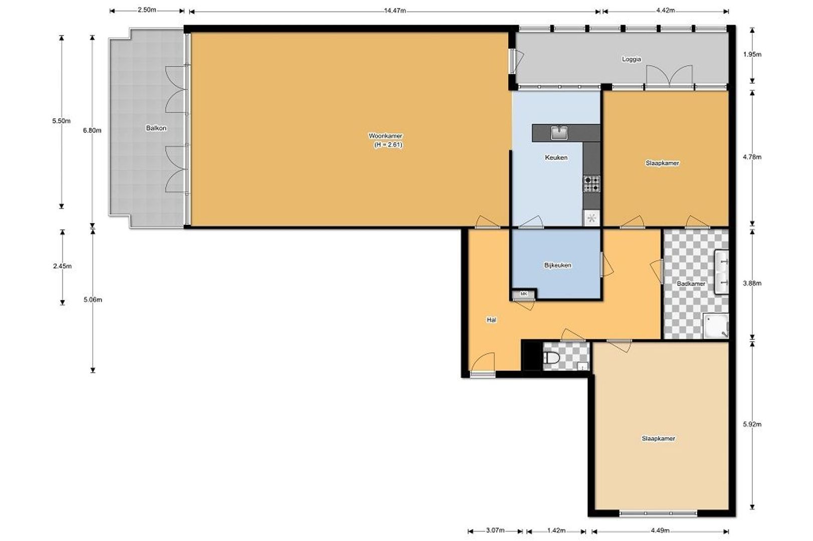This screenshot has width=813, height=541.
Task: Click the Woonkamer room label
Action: [x=385, y=136]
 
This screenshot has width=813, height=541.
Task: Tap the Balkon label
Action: [x=156, y=128]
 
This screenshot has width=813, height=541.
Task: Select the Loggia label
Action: [x=631, y=59]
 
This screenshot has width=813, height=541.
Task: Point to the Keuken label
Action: [x=556, y=157]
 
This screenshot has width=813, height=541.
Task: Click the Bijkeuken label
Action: [x=557, y=265]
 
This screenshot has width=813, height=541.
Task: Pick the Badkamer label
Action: [x=691, y=284]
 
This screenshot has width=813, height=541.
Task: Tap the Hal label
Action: [x=491, y=320]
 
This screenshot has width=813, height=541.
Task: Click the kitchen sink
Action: [x=559, y=133]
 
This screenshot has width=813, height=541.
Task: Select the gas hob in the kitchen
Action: [x=591, y=184]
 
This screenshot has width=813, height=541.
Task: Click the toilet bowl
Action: [x=551, y=358]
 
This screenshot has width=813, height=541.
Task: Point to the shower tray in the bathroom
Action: [x=716, y=326]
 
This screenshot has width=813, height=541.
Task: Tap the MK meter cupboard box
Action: [x=523, y=294]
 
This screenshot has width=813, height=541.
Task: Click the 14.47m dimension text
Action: [x=395, y=11]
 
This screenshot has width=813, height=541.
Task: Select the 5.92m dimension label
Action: [x=752, y=424]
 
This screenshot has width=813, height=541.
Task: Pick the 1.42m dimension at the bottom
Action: [x=556, y=530]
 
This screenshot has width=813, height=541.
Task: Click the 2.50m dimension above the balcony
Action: [x=147, y=10]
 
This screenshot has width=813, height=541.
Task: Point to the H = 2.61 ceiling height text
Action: [x=388, y=145]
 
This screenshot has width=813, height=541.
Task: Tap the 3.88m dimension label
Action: [x=752, y=284]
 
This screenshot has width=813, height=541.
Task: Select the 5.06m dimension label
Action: [x=93, y=300]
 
